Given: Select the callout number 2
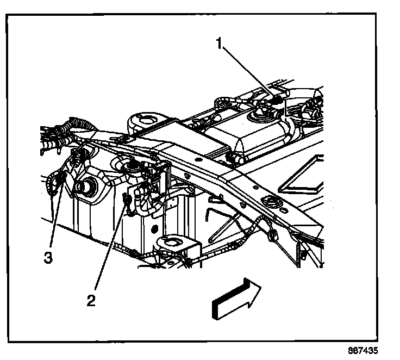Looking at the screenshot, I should pyautogui.click(x=92, y=299).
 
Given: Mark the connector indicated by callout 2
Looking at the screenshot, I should pyautogui.click(x=127, y=200).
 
